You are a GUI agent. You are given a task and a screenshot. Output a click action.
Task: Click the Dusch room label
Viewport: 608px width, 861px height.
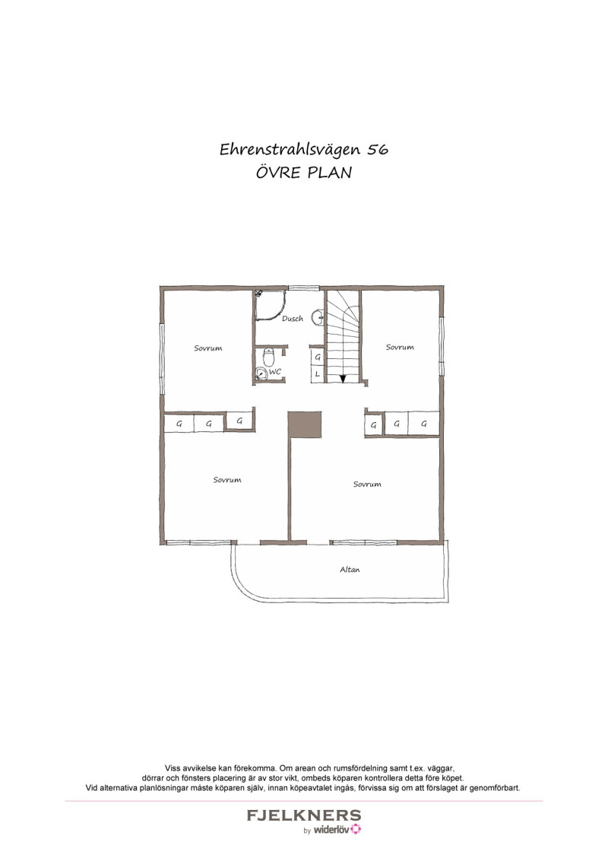(293, 319)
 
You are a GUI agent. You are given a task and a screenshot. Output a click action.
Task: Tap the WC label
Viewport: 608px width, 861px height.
(275, 372)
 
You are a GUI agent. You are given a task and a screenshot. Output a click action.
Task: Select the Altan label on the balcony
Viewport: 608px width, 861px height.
(350, 570)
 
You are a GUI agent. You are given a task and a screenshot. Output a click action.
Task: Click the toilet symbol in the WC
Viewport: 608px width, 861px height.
(268, 357)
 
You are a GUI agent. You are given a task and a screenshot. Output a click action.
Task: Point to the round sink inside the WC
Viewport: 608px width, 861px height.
(261, 373)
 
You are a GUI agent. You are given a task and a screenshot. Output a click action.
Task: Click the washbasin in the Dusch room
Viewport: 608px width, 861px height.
(318, 317)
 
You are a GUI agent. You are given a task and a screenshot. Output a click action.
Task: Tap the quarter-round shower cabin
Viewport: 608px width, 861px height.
(270, 305)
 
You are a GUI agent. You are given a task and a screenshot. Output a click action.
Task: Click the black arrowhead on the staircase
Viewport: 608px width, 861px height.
(343, 378)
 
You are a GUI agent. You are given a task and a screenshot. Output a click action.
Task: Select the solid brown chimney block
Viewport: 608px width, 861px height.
(305, 425)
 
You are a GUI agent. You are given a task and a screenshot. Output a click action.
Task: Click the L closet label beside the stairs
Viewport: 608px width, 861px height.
(317, 374)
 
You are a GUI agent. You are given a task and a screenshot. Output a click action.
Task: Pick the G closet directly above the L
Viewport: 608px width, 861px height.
(318, 357)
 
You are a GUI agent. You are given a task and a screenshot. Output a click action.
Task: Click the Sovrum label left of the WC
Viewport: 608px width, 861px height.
(208, 348)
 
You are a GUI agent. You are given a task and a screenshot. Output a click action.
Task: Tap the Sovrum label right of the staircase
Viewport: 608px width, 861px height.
(400, 347)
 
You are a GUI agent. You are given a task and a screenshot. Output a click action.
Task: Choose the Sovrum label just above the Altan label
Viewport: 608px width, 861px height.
(367, 485)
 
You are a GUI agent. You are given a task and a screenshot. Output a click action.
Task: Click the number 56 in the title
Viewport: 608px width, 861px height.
(378, 149)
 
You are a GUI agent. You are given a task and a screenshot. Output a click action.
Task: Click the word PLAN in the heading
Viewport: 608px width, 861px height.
(329, 173)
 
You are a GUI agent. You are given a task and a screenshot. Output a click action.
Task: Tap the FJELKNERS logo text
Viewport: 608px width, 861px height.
(304, 815)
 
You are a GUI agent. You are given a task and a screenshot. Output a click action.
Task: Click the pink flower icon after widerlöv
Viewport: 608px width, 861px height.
(356, 829)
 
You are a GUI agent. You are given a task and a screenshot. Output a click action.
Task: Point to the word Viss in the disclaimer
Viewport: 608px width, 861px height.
(173, 768)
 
